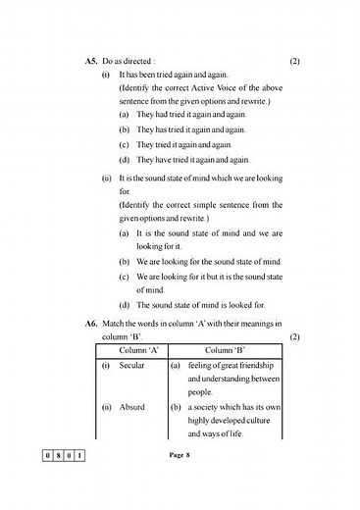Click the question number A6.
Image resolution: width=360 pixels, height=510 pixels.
[x=92, y=324]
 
